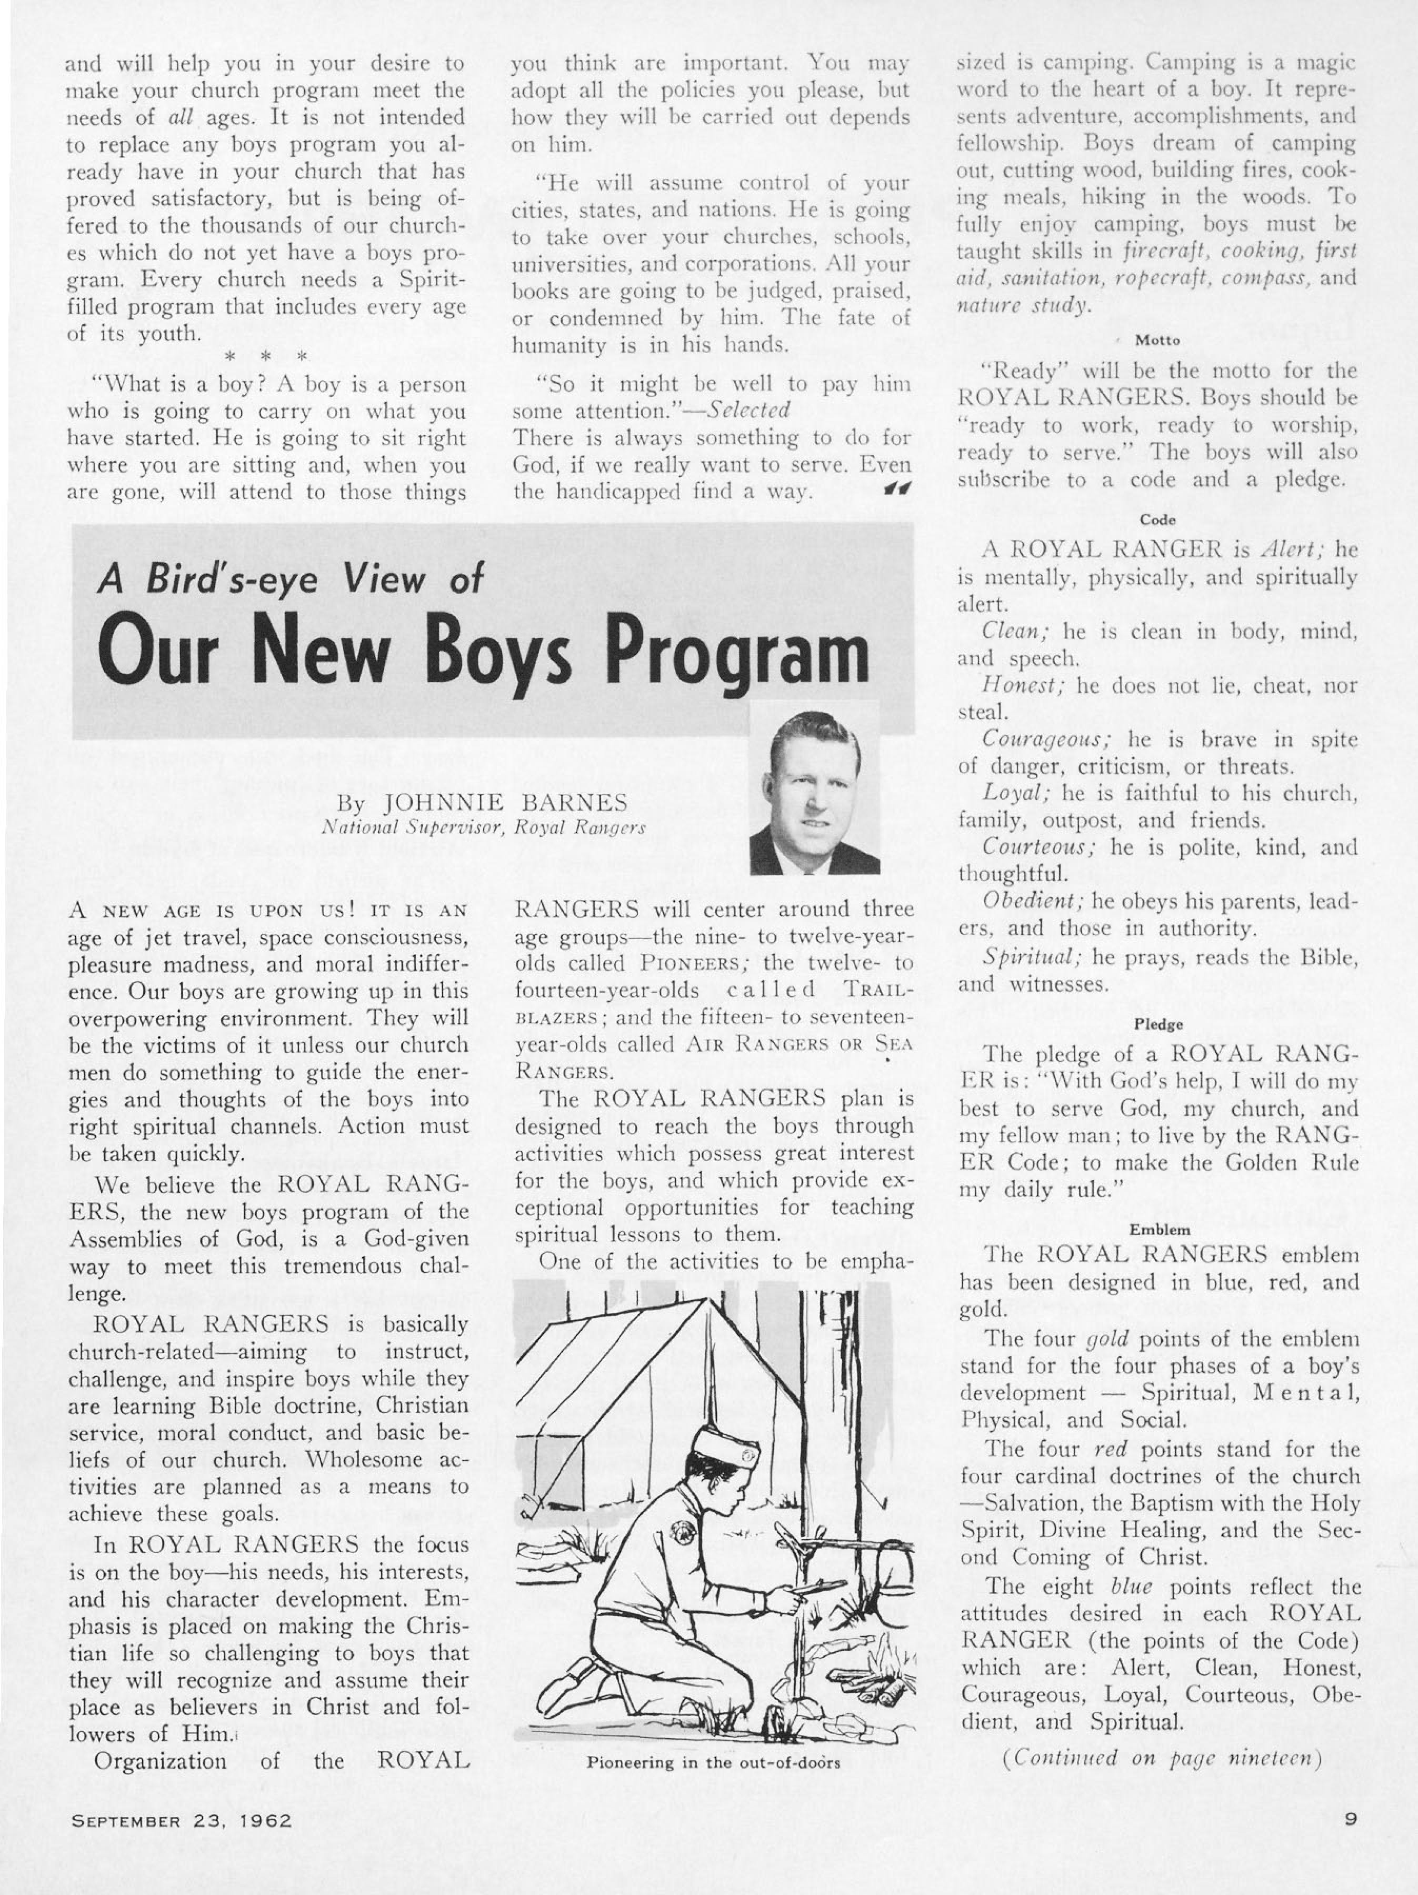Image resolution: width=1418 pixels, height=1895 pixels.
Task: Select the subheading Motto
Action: tap(1157, 340)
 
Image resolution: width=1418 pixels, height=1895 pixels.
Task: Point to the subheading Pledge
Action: tap(1159, 1024)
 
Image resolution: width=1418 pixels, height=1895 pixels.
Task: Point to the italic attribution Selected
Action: tap(749, 411)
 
